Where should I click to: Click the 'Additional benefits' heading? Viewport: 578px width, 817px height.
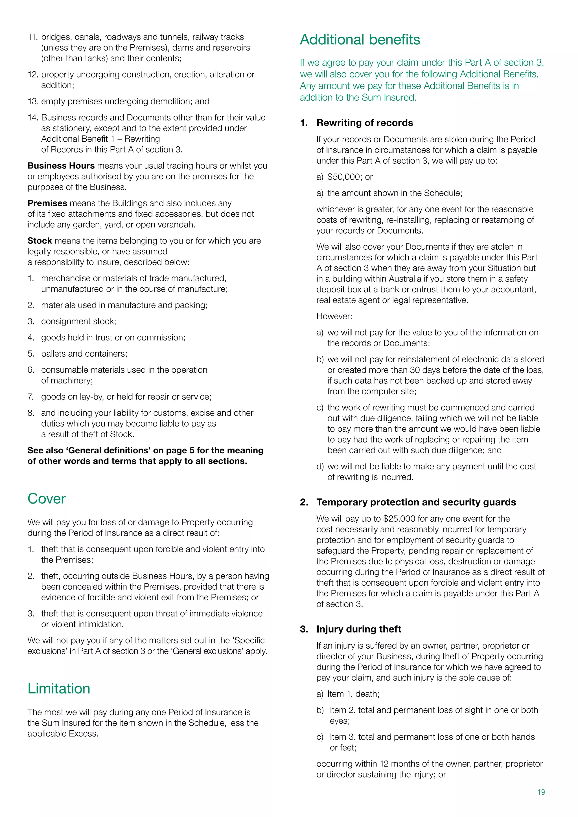click(360, 39)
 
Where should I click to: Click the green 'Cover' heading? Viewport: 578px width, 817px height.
click(47, 498)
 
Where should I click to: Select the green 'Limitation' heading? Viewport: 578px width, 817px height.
click(59, 689)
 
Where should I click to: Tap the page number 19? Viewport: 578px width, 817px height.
click(541, 792)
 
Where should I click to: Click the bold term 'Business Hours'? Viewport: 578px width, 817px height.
click(61, 166)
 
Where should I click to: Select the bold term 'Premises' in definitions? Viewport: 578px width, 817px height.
click(47, 203)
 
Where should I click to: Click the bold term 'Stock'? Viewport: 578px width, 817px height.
click(40, 241)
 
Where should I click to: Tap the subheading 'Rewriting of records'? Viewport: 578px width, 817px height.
click(364, 123)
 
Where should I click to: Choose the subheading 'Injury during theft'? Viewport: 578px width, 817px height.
click(358, 629)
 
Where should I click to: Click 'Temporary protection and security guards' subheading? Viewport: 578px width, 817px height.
click(416, 502)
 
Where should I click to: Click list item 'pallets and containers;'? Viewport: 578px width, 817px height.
click(84, 354)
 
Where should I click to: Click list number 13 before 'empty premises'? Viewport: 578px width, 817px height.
click(33, 101)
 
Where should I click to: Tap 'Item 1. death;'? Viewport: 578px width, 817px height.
click(353, 694)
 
